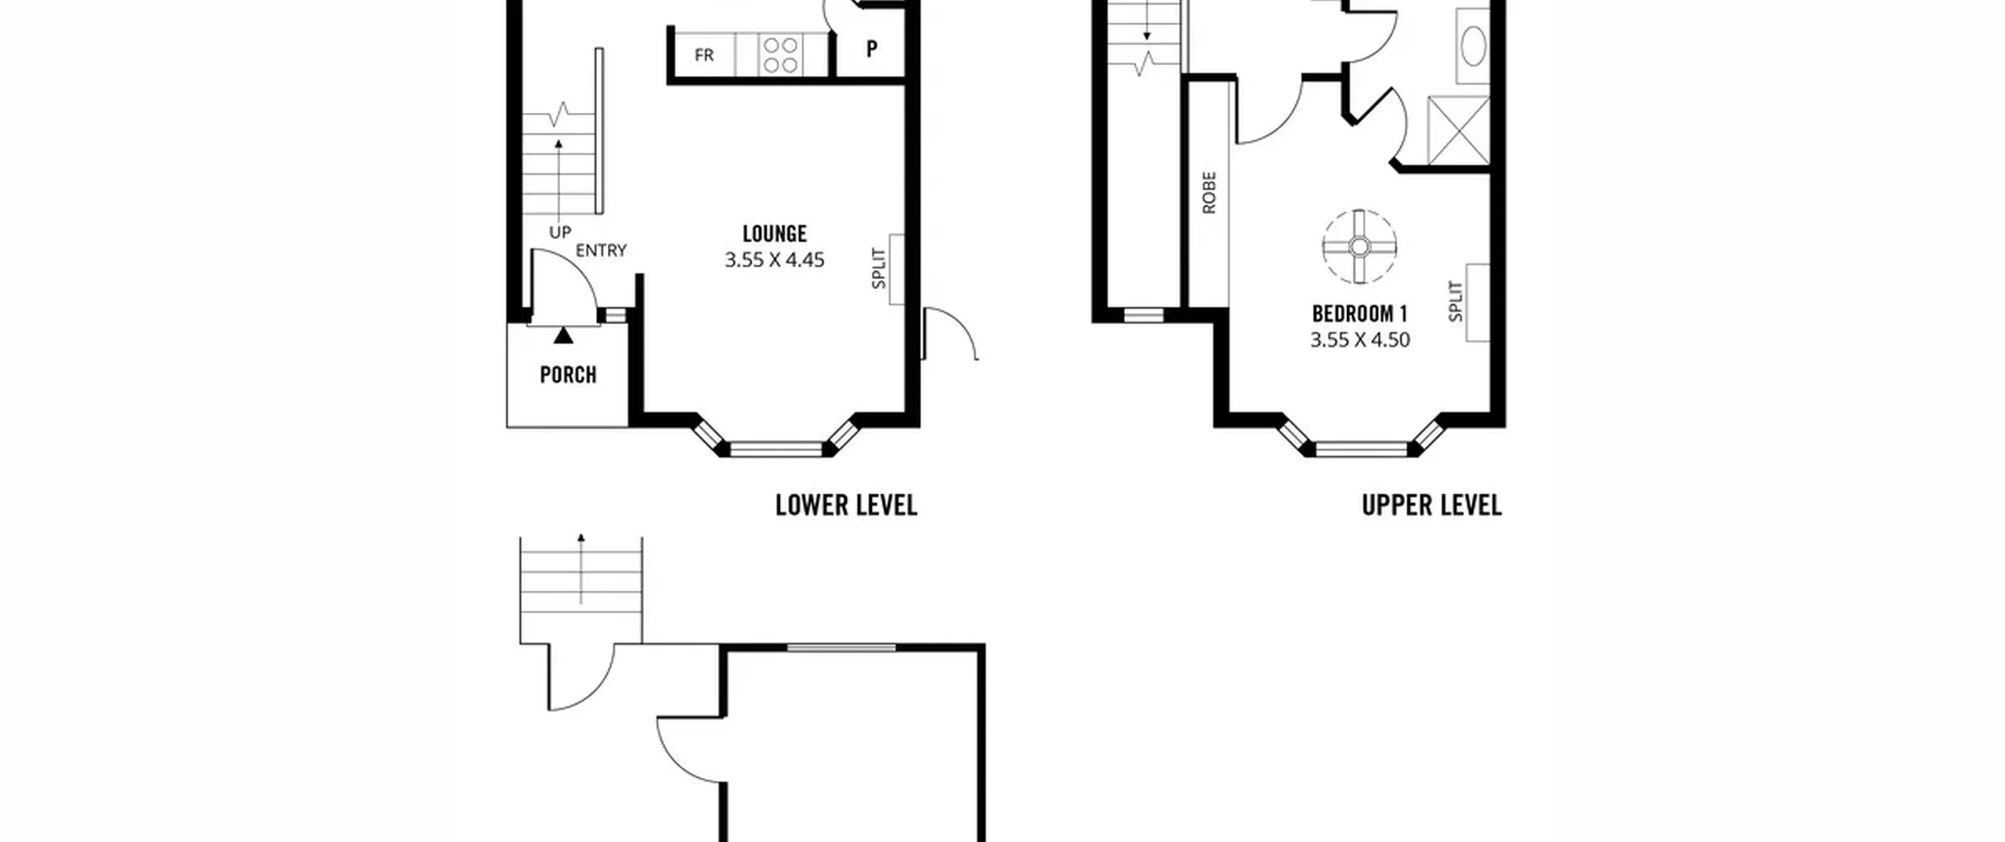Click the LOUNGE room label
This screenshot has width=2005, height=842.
(775, 233)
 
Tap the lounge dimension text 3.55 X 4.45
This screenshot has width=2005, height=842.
(775, 260)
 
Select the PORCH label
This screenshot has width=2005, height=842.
(569, 374)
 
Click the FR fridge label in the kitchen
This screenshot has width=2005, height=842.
(704, 55)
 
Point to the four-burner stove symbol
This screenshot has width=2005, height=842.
(781, 55)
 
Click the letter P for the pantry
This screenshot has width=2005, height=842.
(872, 49)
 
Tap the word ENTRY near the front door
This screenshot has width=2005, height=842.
(601, 251)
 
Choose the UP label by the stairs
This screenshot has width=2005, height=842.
(560, 233)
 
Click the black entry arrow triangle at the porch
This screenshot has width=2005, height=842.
(563, 335)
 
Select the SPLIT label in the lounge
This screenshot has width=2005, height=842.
(879, 269)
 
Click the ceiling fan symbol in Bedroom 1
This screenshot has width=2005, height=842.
(1360, 247)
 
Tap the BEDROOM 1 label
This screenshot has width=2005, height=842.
(1360, 314)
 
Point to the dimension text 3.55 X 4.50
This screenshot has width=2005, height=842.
(1360, 340)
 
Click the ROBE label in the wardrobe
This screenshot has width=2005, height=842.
(1209, 193)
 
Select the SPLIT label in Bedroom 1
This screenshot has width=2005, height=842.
(1455, 302)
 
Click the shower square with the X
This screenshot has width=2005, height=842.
(1458, 131)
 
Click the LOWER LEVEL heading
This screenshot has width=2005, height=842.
(846, 505)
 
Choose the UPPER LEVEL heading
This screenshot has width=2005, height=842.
(1432, 505)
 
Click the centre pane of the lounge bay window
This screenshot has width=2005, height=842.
(776, 450)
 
